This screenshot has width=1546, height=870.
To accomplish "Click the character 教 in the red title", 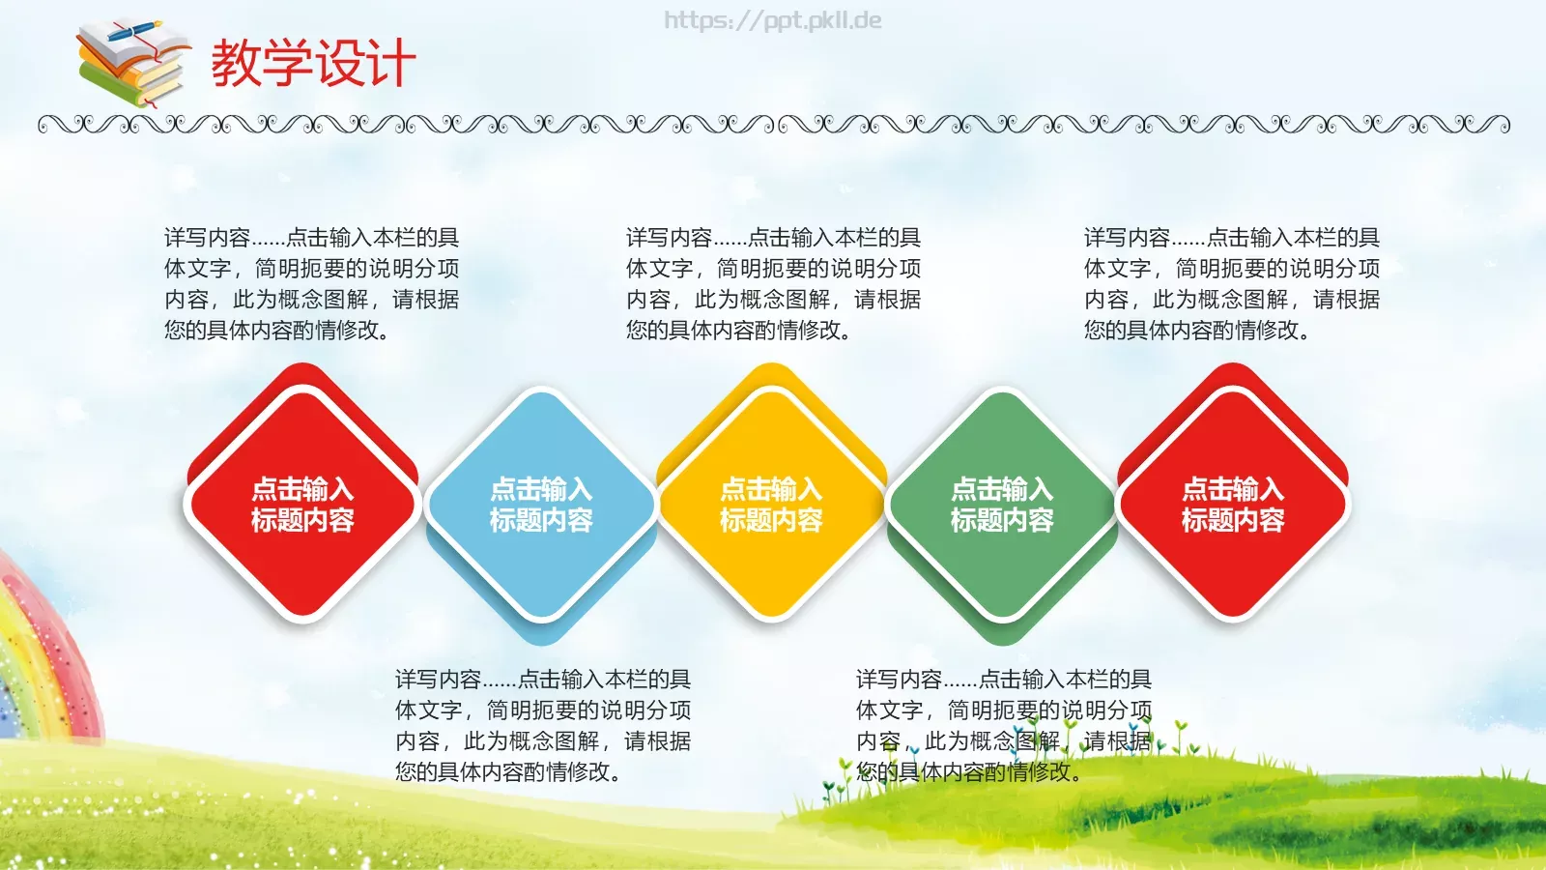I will (x=237, y=64).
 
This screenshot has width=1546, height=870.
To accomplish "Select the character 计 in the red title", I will (x=390, y=64).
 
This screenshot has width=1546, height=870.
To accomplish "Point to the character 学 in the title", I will (x=288, y=64).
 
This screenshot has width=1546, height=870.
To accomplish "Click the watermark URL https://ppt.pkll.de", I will (x=772, y=20).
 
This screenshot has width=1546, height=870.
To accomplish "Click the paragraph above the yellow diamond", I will (x=773, y=283).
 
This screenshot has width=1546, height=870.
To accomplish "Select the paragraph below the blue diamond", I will (x=542, y=725).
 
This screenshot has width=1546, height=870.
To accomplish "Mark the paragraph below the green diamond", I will (x=1003, y=725).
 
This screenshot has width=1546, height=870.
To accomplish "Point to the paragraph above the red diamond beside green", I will (x=1231, y=283).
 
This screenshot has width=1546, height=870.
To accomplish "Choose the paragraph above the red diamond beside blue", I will (x=311, y=283).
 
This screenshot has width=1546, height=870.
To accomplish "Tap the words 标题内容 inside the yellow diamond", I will (x=771, y=521).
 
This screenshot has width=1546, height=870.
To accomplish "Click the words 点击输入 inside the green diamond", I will (x=1002, y=489).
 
